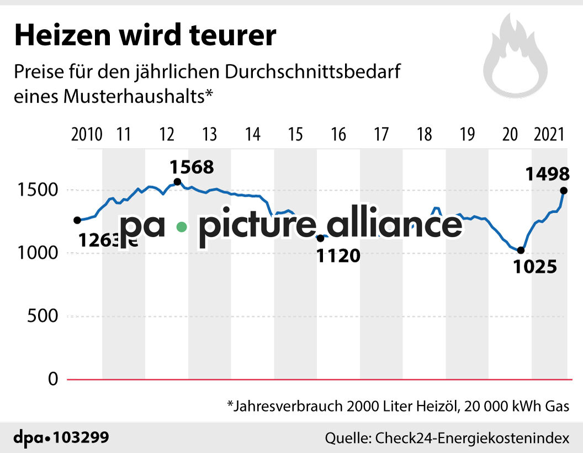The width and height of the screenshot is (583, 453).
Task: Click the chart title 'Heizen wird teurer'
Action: tap(145, 36)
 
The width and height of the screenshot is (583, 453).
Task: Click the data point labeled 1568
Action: tap(177, 182)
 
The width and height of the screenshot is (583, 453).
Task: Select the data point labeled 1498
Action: tap(564, 191)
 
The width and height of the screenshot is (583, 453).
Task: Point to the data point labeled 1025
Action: tap(520, 250)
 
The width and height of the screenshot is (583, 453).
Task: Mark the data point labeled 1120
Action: tap(320, 238)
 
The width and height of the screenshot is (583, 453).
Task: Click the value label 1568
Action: tap(191, 166)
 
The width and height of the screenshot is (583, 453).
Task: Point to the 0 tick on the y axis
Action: tap(53, 380)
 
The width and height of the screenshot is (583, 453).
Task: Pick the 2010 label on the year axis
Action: tap(87, 134)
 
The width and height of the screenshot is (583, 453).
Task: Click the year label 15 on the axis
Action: tap(295, 134)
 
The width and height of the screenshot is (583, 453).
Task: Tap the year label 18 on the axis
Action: tap(425, 134)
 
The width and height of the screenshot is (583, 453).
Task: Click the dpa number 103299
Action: tap(81, 438)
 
